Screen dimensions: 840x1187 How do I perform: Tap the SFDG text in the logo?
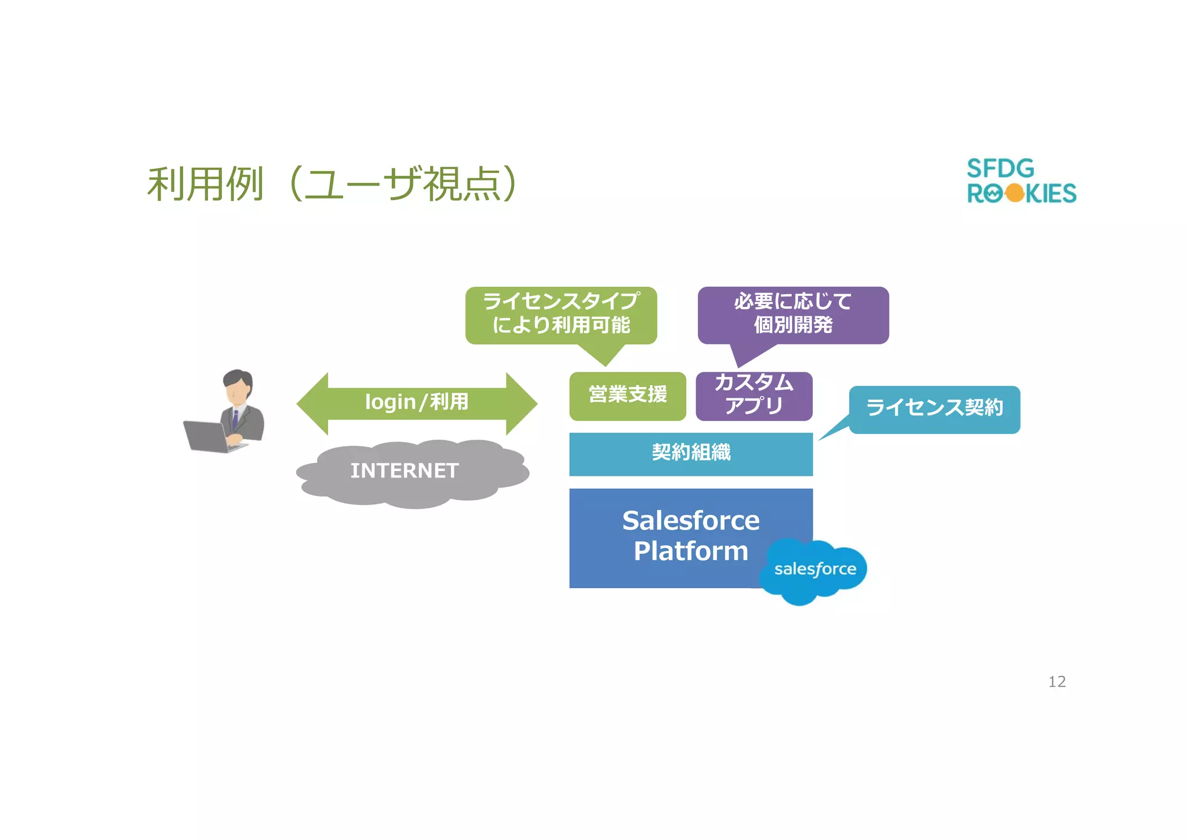[1000, 169]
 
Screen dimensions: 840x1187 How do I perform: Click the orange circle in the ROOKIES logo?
[1015, 193]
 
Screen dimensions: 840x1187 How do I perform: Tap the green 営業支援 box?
[628, 396]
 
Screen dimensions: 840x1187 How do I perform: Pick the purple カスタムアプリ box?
[753, 396]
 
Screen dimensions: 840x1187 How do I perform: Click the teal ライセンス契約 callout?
[934, 408]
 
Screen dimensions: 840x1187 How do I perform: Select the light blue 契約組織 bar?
[691, 454]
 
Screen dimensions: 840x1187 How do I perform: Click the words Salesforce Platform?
[690, 535]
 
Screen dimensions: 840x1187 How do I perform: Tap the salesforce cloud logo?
[814, 570]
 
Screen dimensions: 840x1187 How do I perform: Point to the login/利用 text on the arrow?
[417, 402]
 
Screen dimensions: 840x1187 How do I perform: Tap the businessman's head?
[238, 386]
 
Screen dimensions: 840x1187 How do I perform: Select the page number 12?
[1057, 682]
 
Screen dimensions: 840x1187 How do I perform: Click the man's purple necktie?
[235, 419]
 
